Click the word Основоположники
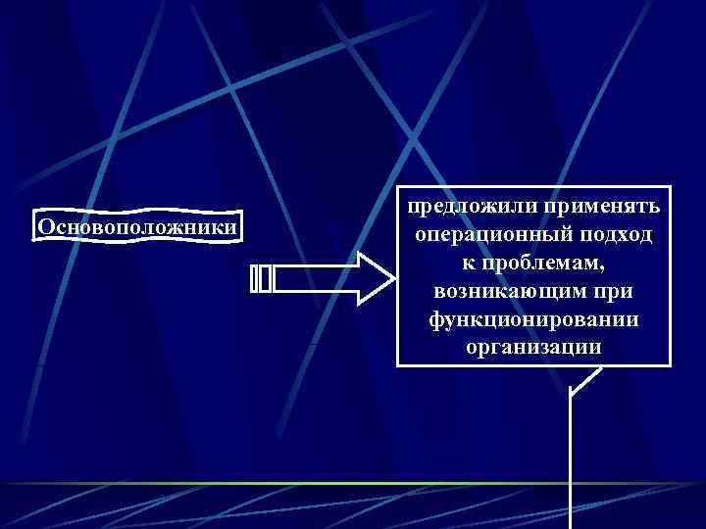(137, 227)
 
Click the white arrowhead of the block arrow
(374, 279)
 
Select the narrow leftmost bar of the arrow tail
(254, 279)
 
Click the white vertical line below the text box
(572, 460)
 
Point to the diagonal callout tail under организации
(584, 379)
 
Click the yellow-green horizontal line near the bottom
(294, 484)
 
